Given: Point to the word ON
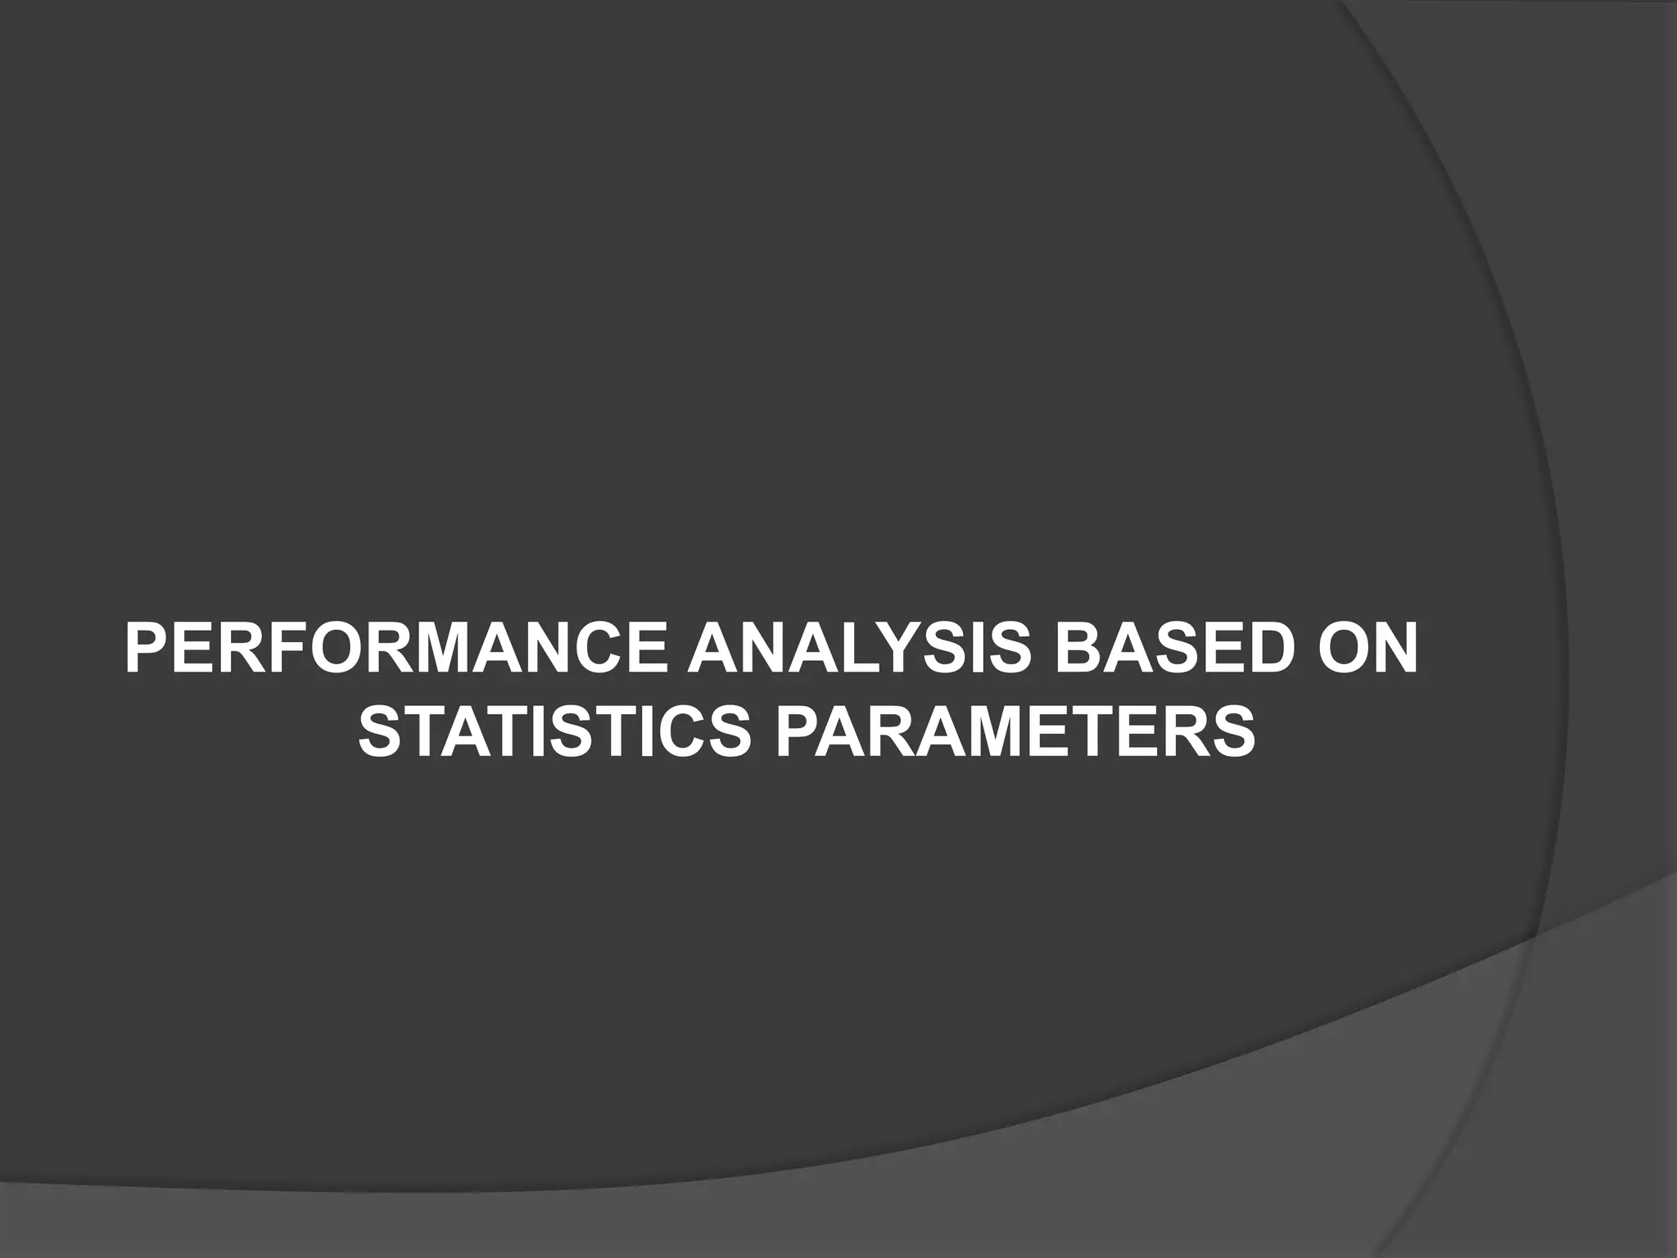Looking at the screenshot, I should [x=1363, y=648].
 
